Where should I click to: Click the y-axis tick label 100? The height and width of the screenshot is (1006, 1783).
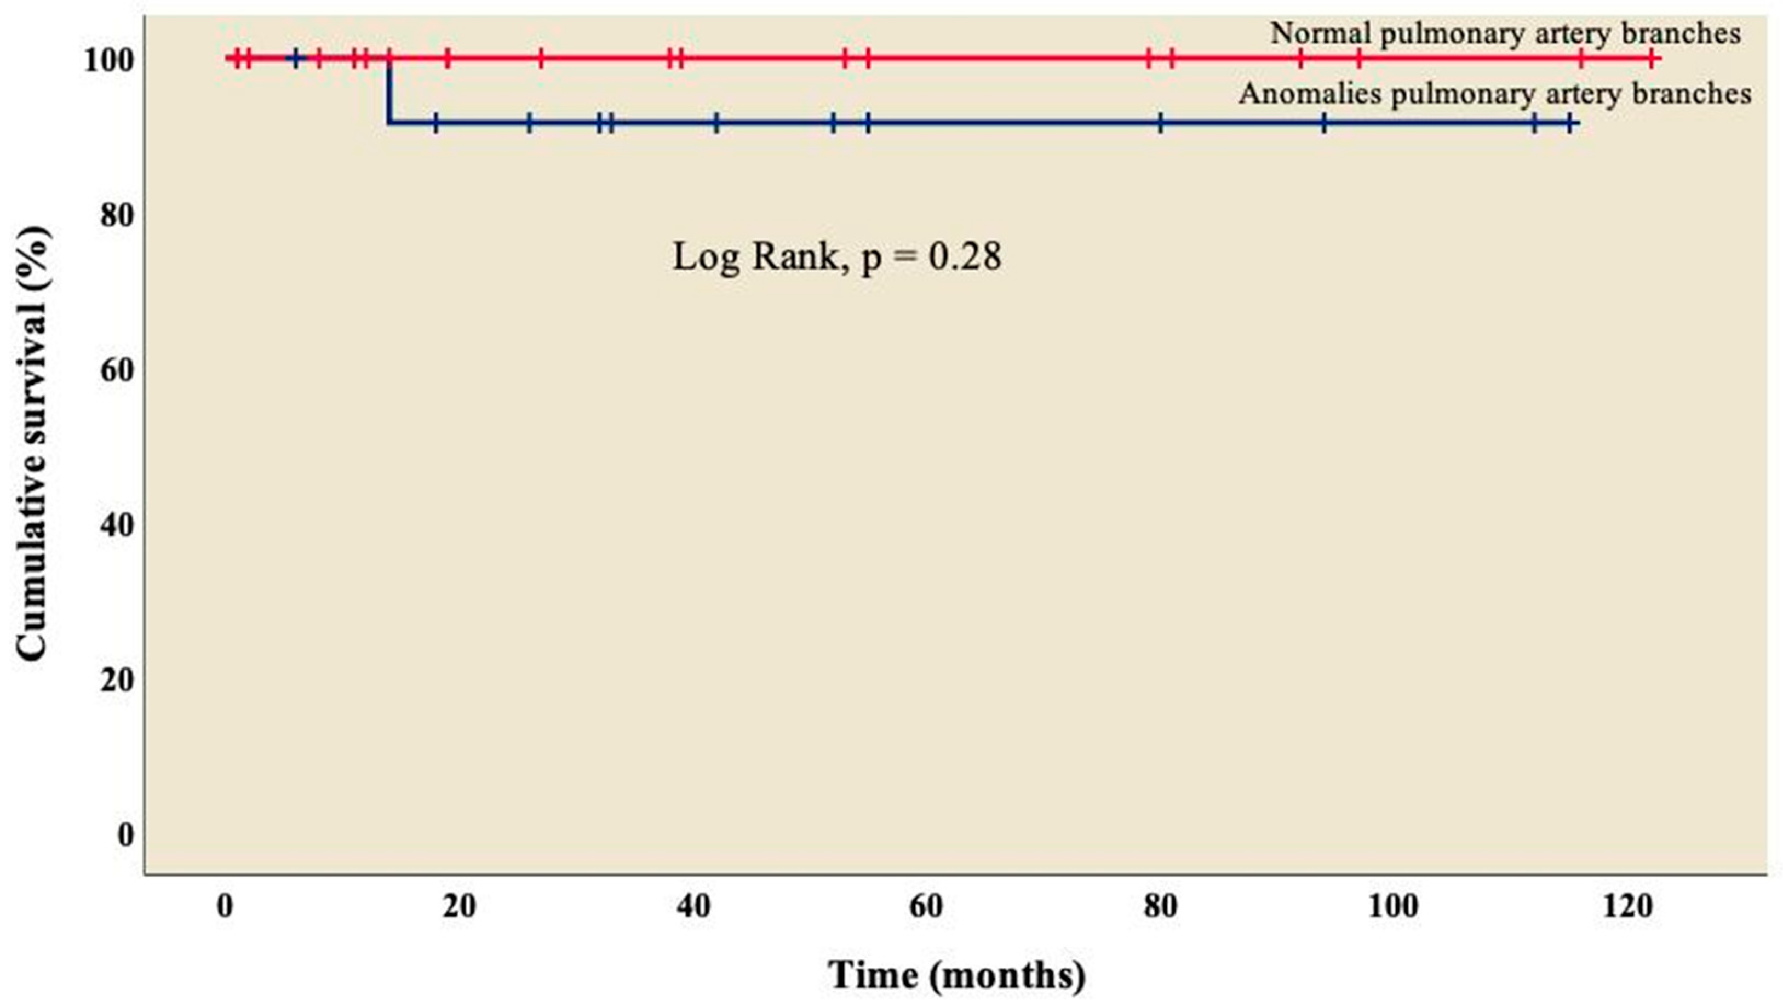tap(108, 61)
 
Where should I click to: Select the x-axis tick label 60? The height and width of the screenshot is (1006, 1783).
tap(926, 906)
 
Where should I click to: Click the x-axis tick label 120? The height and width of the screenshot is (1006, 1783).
tap(1627, 906)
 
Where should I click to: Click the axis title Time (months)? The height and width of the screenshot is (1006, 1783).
tap(958, 975)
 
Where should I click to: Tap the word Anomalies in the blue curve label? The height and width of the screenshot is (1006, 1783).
tap(1310, 94)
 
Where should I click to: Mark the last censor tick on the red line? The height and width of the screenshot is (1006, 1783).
tap(1653, 59)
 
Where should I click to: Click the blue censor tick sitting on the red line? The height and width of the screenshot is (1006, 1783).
tap(296, 59)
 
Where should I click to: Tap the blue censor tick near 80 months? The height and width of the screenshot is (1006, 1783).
tap(1161, 124)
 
